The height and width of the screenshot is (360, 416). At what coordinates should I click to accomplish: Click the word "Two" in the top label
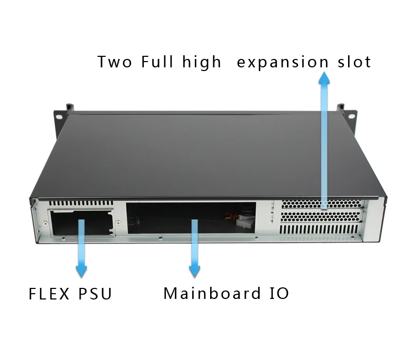pyautogui.click(x=114, y=62)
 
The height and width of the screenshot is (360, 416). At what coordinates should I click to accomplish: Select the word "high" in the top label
pyautogui.click(x=202, y=63)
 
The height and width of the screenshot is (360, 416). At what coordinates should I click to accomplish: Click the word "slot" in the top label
pyautogui.click(x=354, y=62)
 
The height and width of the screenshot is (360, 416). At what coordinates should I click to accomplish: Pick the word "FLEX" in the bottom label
pyautogui.click(x=50, y=293)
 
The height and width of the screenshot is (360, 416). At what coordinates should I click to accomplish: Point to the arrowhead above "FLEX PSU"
pyautogui.click(x=81, y=272)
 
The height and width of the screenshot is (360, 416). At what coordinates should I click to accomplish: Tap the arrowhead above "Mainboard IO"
pyautogui.click(x=195, y=272)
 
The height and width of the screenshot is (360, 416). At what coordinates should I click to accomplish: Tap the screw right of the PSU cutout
pyautogui.click(x=119, y=223)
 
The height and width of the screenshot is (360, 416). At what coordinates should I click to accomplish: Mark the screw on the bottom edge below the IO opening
pyautogui.click(x=159, y=237)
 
